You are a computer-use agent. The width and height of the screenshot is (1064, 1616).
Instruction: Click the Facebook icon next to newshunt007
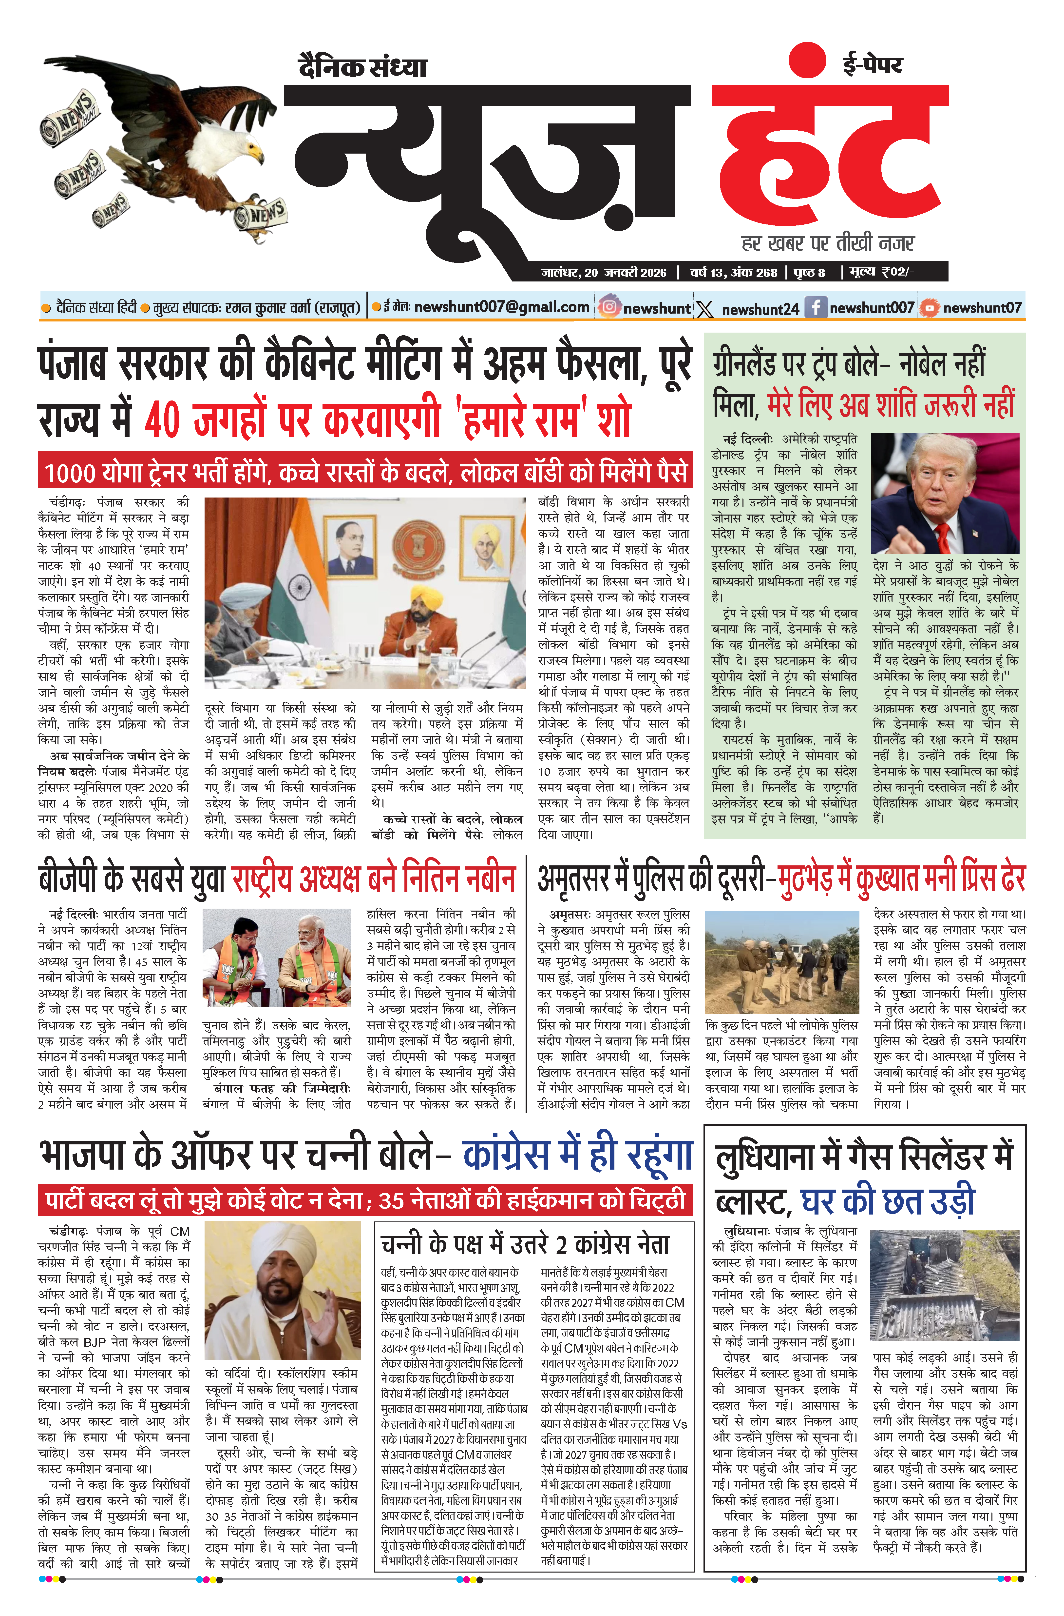pos(815,308)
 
